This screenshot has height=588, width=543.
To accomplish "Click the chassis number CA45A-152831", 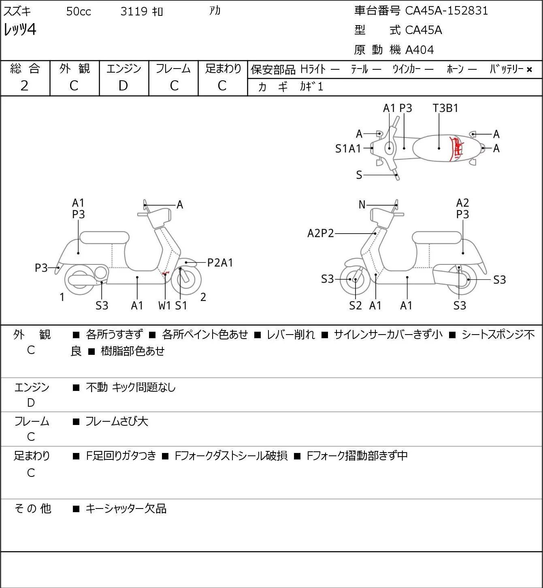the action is click(446, 11).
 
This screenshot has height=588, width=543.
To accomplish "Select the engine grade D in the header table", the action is click(123, 86).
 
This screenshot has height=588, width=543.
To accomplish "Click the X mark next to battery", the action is click(529, 70).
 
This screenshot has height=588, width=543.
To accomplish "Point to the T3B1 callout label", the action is click(445, 108).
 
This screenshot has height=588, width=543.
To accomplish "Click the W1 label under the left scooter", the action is click(164, 305).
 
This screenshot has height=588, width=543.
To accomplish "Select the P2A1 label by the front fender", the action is click(220, 263).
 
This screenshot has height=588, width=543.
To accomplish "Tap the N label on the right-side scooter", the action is click(362, 205).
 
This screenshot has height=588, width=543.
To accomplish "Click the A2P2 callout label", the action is click(321, 233).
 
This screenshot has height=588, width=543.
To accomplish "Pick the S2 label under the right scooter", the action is click(355, 305).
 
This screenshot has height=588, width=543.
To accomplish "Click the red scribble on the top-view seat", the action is click(456, 148).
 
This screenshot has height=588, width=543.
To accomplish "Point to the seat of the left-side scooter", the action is click(104, 238).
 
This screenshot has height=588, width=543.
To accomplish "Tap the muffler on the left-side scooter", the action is click(83, 280).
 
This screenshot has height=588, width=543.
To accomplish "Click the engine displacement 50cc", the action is click(79, 11).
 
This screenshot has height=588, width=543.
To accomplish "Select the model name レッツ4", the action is click(19, 29).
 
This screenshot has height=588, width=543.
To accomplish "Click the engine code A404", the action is click(419, 50).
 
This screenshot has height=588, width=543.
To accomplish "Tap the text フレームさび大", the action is click(117, 421).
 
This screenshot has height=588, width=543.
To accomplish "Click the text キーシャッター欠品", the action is click(126, 509).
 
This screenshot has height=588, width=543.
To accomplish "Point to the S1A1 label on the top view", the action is click(348, 148).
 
